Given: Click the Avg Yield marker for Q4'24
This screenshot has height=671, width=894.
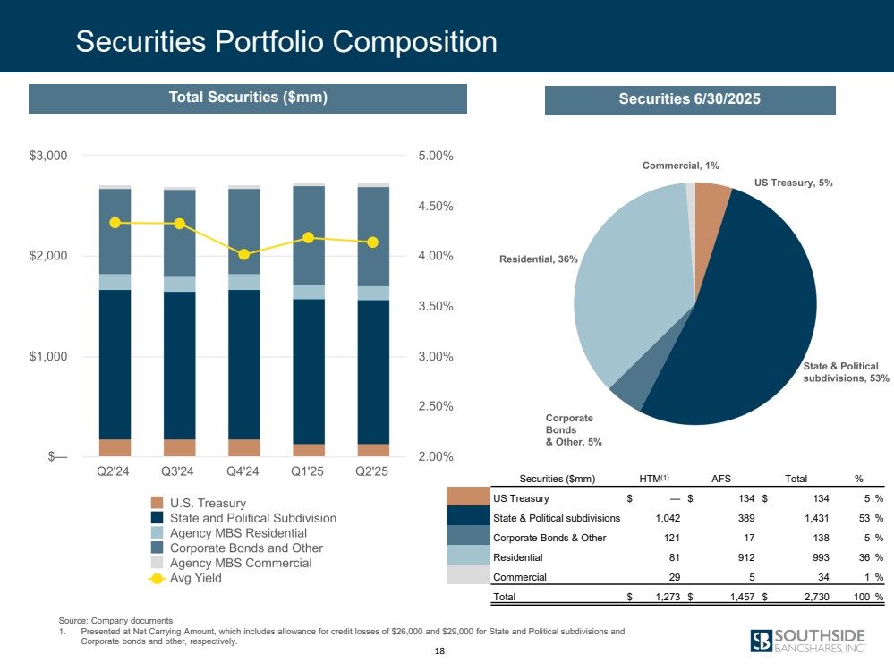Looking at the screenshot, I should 244,254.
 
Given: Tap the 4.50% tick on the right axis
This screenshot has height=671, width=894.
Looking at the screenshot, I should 435,206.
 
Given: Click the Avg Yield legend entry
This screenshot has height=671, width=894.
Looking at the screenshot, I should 195,578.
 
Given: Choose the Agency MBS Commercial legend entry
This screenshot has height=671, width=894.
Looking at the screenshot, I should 240,563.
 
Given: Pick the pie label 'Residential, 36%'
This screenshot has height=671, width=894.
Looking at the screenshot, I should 538,259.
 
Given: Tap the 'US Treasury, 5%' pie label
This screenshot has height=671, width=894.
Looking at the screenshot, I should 793,183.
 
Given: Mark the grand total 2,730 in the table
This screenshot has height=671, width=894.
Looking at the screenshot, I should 813,597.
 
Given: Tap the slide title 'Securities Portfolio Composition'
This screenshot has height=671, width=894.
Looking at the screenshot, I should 286,41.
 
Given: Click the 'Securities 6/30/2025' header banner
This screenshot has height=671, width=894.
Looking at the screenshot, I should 689,99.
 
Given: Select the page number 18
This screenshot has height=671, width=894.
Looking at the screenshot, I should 438,651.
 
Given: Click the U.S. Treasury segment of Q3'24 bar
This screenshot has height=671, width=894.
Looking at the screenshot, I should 180,447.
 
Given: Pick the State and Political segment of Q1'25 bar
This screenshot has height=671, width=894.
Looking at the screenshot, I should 309,371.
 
